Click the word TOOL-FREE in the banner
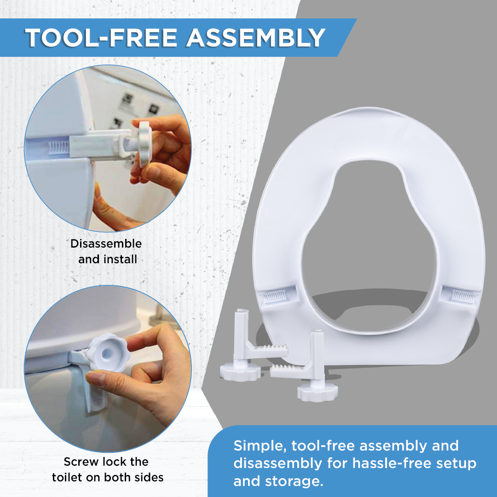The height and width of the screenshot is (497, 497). point(101,38)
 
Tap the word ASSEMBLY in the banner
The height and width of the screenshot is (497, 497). point(255,38)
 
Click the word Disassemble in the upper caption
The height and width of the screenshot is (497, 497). point(106,243)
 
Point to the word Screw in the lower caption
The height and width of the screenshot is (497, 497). point(80,462)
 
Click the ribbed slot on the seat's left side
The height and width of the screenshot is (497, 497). point(275,297)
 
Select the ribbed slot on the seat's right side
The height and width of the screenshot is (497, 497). point(463,296)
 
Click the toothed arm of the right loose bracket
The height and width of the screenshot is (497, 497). point(289,371)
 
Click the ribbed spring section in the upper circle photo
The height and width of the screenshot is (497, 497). point(58,148)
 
